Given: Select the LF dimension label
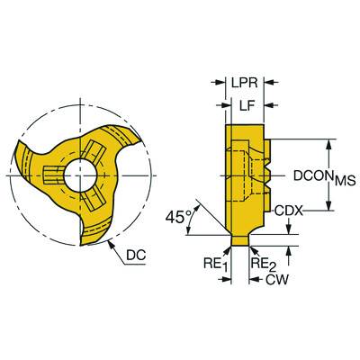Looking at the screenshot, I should pyautogui.click(x=246, y=106).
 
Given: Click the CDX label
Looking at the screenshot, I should pyautogui.click(x=288, y=211).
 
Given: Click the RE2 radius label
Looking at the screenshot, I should pyautogui.click(x=260, y=264).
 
